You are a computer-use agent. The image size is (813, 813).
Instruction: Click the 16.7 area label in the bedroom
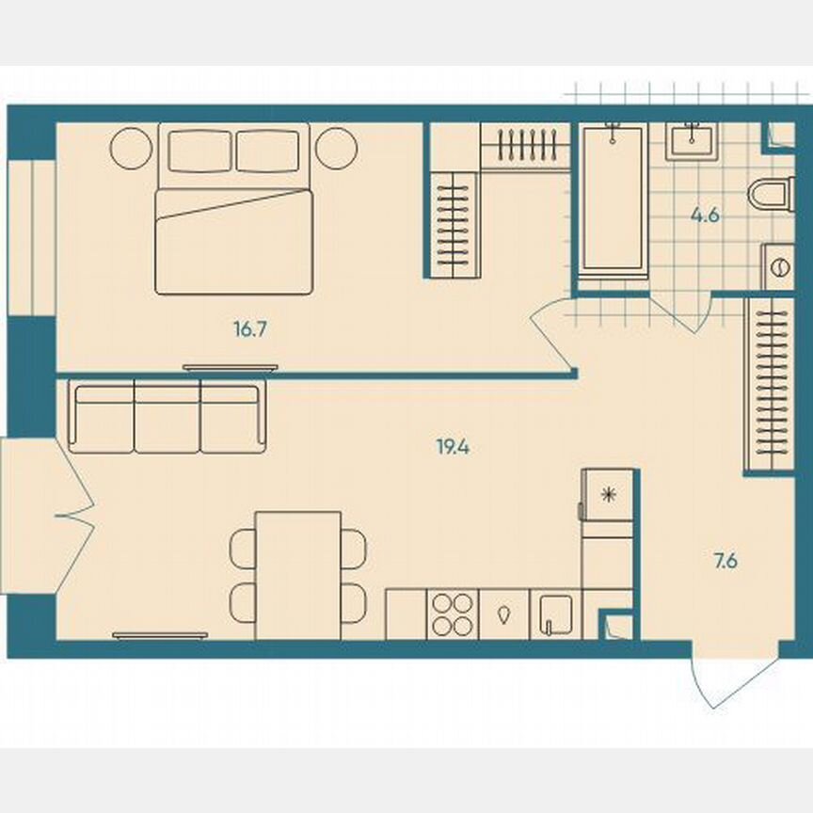coord(246,329)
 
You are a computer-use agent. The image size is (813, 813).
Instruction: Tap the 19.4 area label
coord(453,448)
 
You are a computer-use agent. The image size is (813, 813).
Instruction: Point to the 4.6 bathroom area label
coord(705,215)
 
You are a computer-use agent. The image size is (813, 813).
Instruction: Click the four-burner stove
coord(452,614)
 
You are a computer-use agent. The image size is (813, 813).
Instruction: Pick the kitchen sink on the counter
coord(555,614)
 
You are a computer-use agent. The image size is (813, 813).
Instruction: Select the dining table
coord(298,574)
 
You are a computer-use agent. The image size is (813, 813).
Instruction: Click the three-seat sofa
coord(167,417)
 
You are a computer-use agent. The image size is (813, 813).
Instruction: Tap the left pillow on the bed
coord(199,151)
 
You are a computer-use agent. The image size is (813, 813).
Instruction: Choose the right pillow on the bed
coord(267,151)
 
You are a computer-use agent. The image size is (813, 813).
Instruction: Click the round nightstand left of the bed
coord(131,147)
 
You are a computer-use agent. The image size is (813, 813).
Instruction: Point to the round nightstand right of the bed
coord(336,147)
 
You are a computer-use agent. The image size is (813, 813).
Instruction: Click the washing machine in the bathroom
coord(779,267)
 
